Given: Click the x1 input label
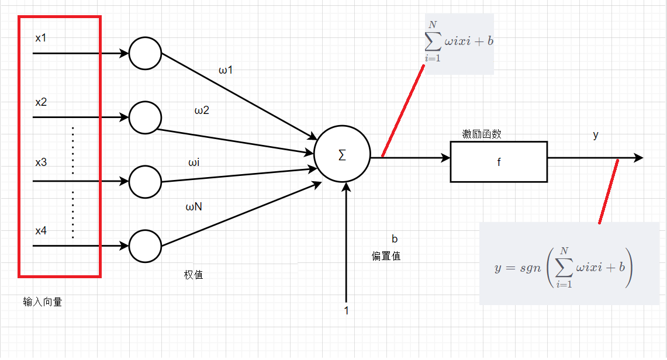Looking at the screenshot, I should click(x=41, y=39).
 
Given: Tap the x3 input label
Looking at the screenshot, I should click(x=41, y=162).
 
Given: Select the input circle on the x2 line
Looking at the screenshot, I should click(x=145, y=117).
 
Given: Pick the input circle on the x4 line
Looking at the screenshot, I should click(x=145, y=245).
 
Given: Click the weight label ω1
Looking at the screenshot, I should click(x=226, y=71).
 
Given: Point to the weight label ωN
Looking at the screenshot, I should click(x=194, y=206).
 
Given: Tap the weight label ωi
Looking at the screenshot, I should click(x=193, y=162).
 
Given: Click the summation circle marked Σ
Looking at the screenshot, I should click(x=342, y=155).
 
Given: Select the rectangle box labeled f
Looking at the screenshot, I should click(x=499, y=162).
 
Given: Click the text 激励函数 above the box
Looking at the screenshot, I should click(x=482, y=134).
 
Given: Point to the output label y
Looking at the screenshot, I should click(x=596, y=135).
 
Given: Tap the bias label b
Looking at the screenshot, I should click(x=395, y=238).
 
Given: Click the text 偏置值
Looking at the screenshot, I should click(x=386, y=256).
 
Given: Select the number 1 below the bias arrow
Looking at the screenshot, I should click(x=346, y=310).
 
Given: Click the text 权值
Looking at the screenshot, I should click(x=193, y=275).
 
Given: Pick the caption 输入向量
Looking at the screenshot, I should click(x=43, y=302).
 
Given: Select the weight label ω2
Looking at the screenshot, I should click(x=202, y=110).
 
